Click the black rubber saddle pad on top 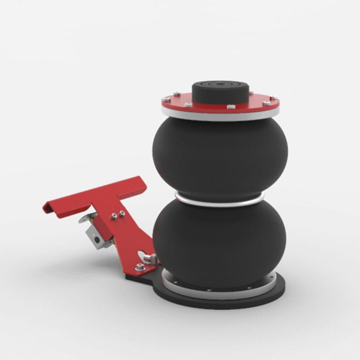pos(220,92)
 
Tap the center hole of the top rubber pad pos(220,84)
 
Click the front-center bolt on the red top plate pos(231,107)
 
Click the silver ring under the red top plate pos(220,116)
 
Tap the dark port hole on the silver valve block pos(97,240)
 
